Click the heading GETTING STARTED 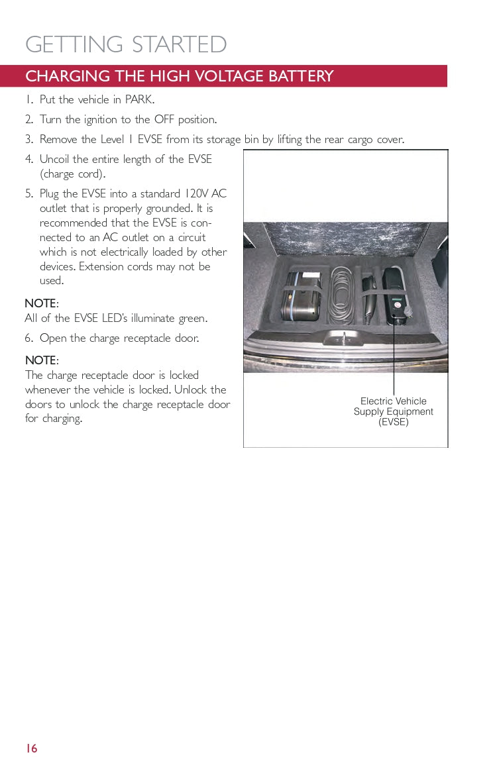pyautogui.click(x=126, y=44)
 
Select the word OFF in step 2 pyautogui.click(x=164, y=120)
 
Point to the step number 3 pyautogui.click(x=28, y=140)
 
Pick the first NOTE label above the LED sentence pyautogui.click(x=41, y=303)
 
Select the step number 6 pyautogui.click(x=28, y=339)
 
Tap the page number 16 pyautogui.click(x=31, y=749)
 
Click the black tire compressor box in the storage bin pyautogui.click(x=302, y=296)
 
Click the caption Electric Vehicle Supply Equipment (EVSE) pyautogui.click(x=393, y=411)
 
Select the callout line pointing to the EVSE pyautogui.click(x=394, y=358)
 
